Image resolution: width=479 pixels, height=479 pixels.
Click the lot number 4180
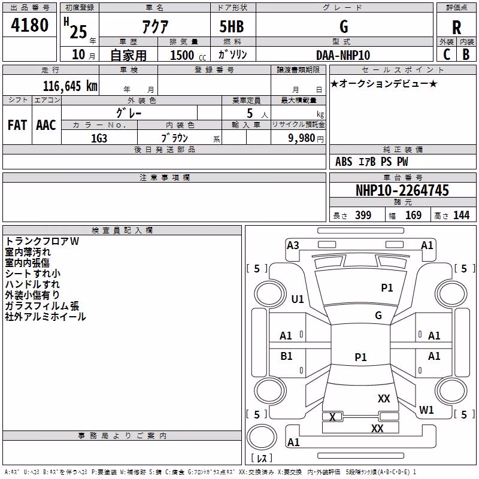[29, 25]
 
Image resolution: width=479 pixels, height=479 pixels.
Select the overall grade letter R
[456, 28]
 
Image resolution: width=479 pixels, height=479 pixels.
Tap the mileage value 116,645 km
[70, 86]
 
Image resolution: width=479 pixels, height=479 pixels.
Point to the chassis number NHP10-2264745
[402, 190]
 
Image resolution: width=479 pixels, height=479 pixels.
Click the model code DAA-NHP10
[343, 55]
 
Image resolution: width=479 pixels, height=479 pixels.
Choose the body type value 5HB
[232, 26]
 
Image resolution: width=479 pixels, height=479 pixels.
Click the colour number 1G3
[99, 138]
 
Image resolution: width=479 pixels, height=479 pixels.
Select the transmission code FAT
[17, 125]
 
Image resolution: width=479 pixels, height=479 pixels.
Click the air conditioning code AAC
[46, 125]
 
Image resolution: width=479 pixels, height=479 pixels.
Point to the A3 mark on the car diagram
[293, 245]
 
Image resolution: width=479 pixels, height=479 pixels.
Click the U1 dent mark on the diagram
[298, 299]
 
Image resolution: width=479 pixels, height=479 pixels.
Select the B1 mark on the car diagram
[286, 356]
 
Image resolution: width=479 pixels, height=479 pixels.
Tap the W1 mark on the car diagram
[426, 410]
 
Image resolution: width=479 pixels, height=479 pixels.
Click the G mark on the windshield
[378, 316]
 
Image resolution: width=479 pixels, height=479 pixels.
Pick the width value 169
[413, 215]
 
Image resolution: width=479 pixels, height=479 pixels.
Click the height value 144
[461, 215]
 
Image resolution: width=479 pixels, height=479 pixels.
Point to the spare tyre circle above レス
[262, 436]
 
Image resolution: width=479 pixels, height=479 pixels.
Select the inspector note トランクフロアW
[42, 241]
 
